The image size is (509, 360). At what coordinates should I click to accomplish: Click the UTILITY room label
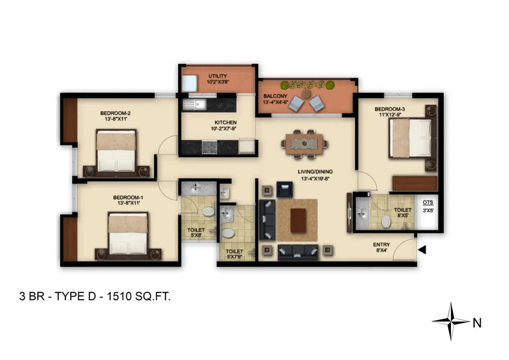click(x=218, y=76)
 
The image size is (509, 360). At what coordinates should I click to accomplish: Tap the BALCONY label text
click(x=275, y=96)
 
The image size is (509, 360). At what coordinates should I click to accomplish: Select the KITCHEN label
click(x=226, y=122)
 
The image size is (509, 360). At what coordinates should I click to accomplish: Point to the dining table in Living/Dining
click(x=305, y=144)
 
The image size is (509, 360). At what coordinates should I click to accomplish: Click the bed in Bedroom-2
click(x=116, y=151)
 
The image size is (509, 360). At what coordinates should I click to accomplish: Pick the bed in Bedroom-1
click(x=128, y=234)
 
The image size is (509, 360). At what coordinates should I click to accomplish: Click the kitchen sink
click(x=194, y=104)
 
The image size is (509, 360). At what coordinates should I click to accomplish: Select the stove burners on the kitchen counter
click(x=209, y=147)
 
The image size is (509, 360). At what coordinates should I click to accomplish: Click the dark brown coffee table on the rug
click(x=298, y=221)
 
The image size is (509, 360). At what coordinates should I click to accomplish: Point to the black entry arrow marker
click(x=422, y=250)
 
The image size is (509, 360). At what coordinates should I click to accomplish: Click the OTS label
click(x=428, y=202)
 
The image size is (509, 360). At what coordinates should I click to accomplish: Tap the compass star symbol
click(x=451, y=321)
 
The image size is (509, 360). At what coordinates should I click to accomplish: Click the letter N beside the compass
click(x=477, y=323)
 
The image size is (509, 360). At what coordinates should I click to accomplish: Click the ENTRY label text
click(x=381, y=245)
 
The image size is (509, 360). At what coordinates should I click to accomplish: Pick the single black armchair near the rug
click(x=285, y=189)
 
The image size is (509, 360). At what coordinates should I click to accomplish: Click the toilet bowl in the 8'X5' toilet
click(x=386, y=222)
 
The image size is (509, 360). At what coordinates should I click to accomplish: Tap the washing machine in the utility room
click(x=189, y=84)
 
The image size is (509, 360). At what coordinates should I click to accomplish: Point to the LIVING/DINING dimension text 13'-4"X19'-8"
click(x=315, y=179)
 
